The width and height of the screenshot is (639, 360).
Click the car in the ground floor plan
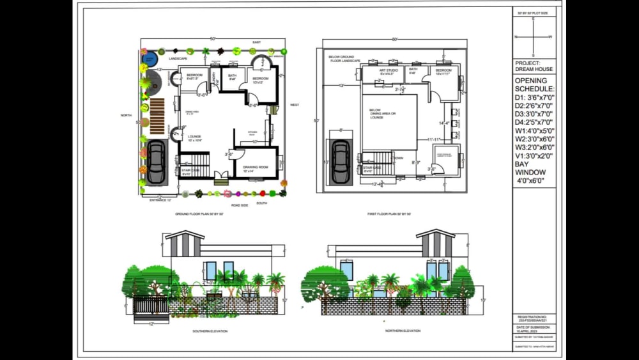point(155,163)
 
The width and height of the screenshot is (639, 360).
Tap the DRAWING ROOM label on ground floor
point(254,168)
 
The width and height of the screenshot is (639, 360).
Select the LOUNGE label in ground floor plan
point(195,136)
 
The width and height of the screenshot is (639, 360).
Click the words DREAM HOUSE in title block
point(534,69)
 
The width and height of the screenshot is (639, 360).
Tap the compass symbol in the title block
point(534,37)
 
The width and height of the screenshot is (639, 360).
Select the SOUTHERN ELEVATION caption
point(210,331)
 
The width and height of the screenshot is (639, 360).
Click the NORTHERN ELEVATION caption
point(403,331)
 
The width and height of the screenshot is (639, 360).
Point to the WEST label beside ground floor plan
point(295,105)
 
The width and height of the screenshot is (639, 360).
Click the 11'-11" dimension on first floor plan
point(436,139)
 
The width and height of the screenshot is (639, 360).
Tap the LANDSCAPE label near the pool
point(178,59)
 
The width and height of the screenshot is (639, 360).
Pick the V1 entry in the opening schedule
point(534,155)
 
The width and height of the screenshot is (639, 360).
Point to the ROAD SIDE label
point(240,205)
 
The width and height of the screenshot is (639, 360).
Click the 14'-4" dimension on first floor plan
point(444,123)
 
